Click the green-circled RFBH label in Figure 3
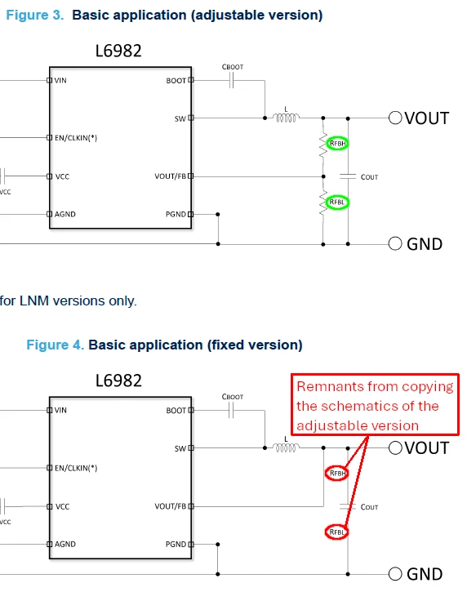coord(337,144)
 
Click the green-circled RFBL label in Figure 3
coord(337,203)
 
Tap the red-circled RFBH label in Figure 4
coord(337,473)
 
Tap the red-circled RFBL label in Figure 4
coord(336,532)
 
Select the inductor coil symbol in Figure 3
coord(287,118)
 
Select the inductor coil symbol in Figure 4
coord(287,447)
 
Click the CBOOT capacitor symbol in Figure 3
coord(232,80)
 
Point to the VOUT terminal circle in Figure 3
coord(395,118)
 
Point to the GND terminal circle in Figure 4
coord(395,574)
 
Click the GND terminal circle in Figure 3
coord(395,243)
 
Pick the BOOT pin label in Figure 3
coord(176,81)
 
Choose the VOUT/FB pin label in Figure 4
coord(171,506)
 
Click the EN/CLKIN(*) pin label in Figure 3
coord(76,138)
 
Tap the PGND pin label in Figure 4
coord(176,544)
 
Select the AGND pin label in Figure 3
coord(65,214)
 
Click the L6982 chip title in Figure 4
coord(118,381)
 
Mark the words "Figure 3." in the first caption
coord(35,15)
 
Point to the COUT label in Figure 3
coord(369,177)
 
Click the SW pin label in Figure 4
coord(180,448)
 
